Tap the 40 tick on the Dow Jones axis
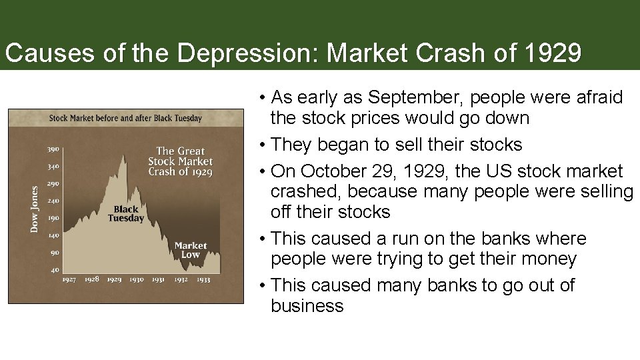(x=53, y=270)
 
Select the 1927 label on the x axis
(x=69, y=279)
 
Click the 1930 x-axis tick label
(x=137, y=279)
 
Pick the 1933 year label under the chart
(x=203, y=279)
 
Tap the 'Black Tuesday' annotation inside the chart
(x=125, y=214)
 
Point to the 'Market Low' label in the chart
(x=191, y=250)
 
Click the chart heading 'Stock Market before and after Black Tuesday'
(x=125, y=119)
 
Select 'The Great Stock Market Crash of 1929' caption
(x=180, y=161)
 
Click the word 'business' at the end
(x=307, y=306)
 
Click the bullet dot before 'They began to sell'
(x=264, y=145)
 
